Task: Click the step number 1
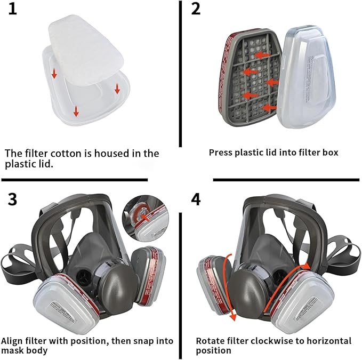pyautogui.click(x=12, y=10)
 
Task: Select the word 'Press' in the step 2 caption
pyautogui.click(x=221, y=153)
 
